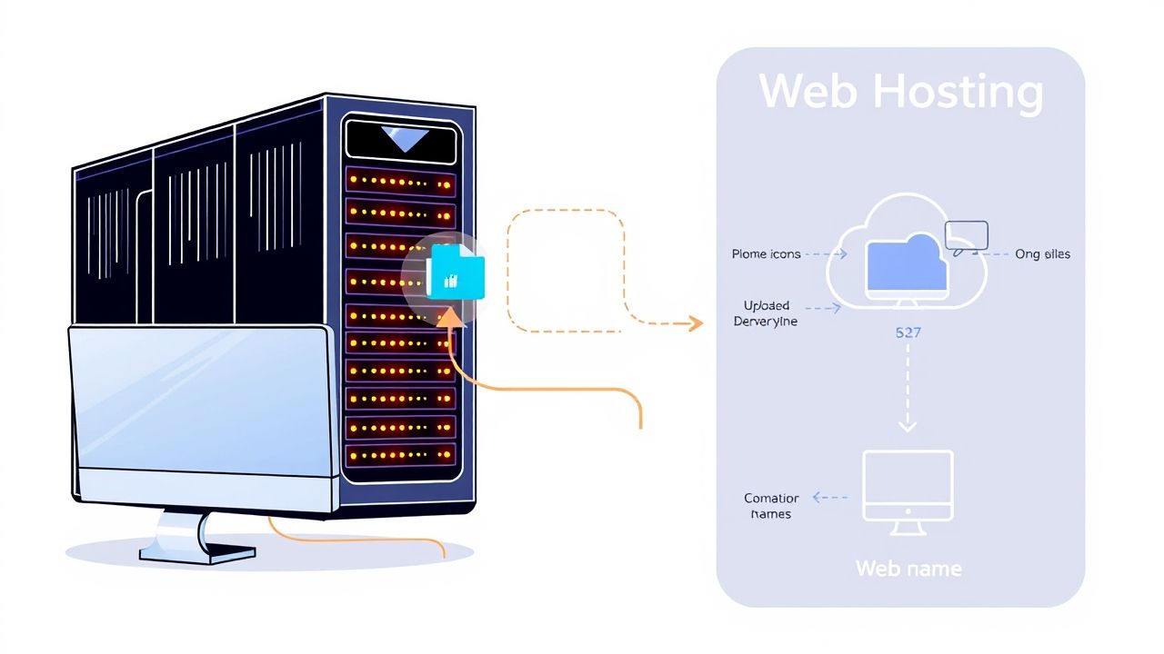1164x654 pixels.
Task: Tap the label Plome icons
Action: (x=766, y=254)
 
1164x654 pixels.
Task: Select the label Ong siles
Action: (x=1042, y=254)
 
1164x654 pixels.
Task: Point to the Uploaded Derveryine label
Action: (x=766, y=313)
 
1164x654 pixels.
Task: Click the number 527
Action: (x=908, y=332)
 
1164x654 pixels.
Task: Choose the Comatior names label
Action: (x=771, y=506)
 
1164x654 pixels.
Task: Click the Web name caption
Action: (x=908, y=569)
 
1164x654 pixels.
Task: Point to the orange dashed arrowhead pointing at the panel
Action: (x=696, y=322)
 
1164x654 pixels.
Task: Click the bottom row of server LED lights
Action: (x=400, y=454)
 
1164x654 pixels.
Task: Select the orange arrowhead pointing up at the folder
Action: (x=449, y=317)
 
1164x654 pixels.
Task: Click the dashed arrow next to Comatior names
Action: (x=829, y=497)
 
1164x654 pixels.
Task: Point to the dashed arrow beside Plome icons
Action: (x=826, y=254)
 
